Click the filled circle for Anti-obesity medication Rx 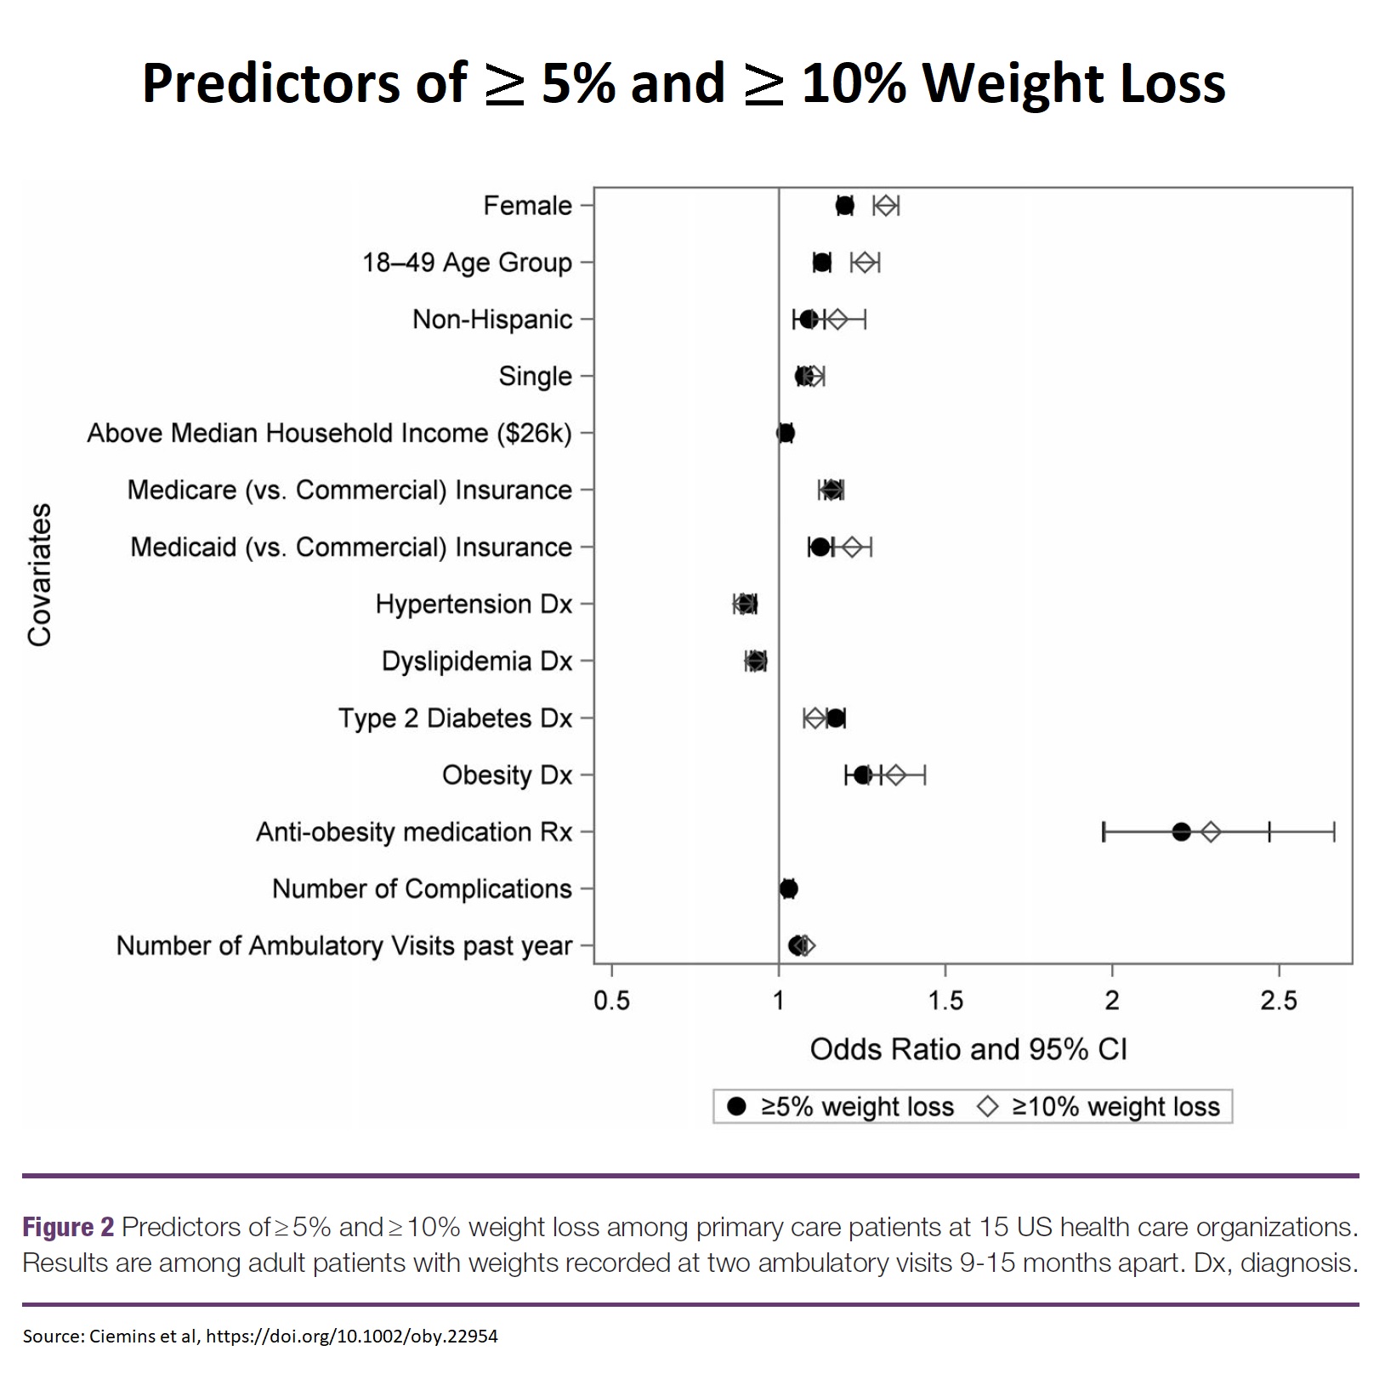coord(1181,832)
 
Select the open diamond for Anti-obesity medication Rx coord(1211,832)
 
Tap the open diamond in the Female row coord(886,206)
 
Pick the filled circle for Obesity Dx coord(862,775)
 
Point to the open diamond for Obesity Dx coord(895,775)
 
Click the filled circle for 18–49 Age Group coord(821,263)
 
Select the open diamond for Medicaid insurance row coord(852,547)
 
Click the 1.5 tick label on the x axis coord(945,1002)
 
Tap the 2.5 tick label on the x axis coord(1279,1002)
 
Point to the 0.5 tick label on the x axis coord(611,1002)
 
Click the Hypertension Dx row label coord(474,605)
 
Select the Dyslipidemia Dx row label coord(476,661)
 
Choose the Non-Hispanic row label coord(492,320)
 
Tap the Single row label coord(535,377)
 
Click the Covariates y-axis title coord(40,576)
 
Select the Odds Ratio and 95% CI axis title coord(968,1050)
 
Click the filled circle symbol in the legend coord(736,1106)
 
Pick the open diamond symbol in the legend coord(988,1106)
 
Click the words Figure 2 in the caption coord(68,1227)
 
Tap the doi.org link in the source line coord(351,1336)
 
